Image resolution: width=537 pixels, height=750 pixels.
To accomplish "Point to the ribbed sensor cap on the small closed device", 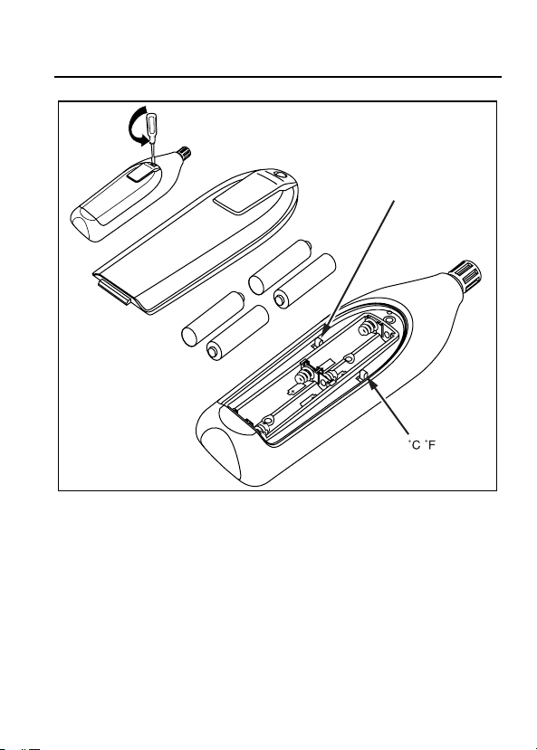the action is pos(184,152).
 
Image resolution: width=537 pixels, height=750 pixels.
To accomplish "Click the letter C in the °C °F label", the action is pos(416,445).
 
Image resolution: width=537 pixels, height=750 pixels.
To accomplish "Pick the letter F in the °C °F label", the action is pos(432,445).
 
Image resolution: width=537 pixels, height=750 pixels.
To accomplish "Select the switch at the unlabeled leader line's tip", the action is pos(318,341).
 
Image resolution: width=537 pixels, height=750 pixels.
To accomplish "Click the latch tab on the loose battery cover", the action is pos(114,293).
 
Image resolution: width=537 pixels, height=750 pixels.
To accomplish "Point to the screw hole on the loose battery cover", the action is pos(281,175).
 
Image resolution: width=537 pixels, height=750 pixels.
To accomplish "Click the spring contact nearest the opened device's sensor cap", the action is pos(367,328).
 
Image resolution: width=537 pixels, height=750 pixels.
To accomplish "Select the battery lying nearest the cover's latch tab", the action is pos(213,319).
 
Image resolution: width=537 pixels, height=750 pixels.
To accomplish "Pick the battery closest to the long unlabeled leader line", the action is pos(305,280).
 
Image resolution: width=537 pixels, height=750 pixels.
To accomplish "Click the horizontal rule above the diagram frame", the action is pos(278,77).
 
